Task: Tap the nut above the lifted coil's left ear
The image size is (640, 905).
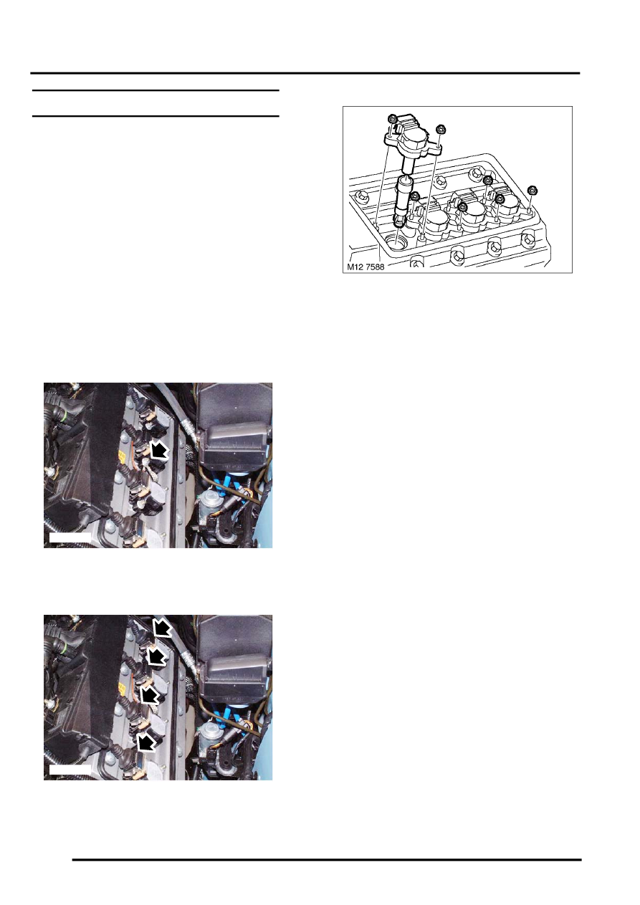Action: (392, 119)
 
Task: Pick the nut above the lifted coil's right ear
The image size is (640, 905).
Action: (440, 130)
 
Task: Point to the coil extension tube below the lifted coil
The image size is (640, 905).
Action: (406, 201)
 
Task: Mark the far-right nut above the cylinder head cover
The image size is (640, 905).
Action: (532, 190)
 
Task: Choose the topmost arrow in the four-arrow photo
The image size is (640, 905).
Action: (163, 628)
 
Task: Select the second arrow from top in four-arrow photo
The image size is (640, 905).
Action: (156, 656)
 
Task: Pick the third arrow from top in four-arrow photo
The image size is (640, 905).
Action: (149, 694)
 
